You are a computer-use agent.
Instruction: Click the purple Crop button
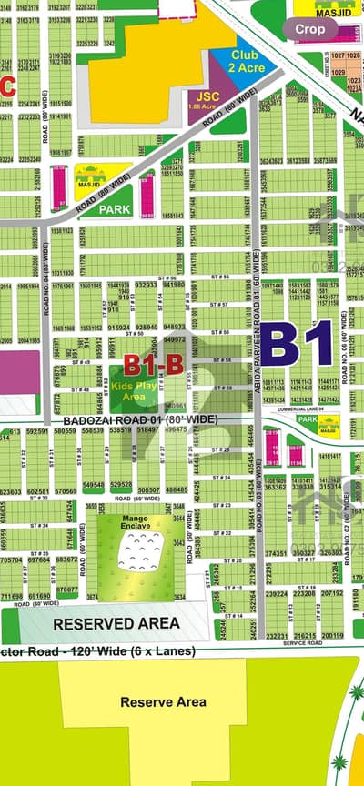click(316, 28)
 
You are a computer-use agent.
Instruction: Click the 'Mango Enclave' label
click(133, 520)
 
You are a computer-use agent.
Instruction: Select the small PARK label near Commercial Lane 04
click(306, 421)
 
